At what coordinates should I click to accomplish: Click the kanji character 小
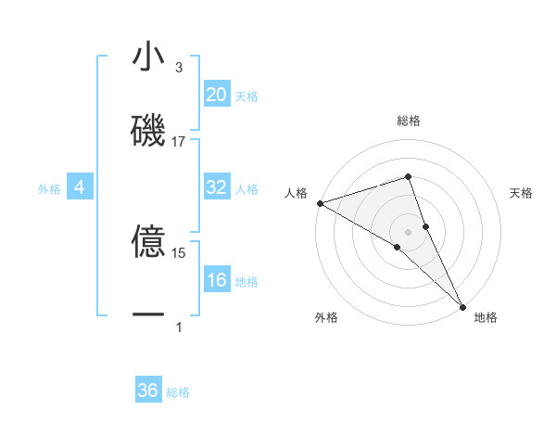[x=148, y=58]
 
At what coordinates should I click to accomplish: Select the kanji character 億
[x=148, y=243]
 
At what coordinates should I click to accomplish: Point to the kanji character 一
[x=148, y=315]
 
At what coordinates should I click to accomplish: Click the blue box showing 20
[x=217, y=95]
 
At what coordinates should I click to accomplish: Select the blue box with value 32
[x=217, y=187]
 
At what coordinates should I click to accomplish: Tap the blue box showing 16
[x=217, y=280]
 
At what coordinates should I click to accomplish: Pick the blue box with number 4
[x=79, y=188]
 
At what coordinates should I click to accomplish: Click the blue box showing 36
[x=148, y=391]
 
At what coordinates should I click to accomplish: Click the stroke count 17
[x=179, y=142]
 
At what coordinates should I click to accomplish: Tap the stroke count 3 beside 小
[x=179, y=68]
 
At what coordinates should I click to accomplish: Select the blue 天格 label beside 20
[x=246, y=96]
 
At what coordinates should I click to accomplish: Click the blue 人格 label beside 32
[x=246, y=189]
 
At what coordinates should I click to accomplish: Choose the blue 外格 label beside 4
[x=49, y=189]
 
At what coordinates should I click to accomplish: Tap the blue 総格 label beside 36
[x=178, y=392]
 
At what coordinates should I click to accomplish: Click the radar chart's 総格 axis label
[x=409, y=121]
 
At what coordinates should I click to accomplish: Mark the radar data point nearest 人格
[x=320, y=202]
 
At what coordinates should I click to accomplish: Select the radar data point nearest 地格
[x=462, y=305]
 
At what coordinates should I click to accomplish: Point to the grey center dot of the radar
[x=409, y=230]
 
